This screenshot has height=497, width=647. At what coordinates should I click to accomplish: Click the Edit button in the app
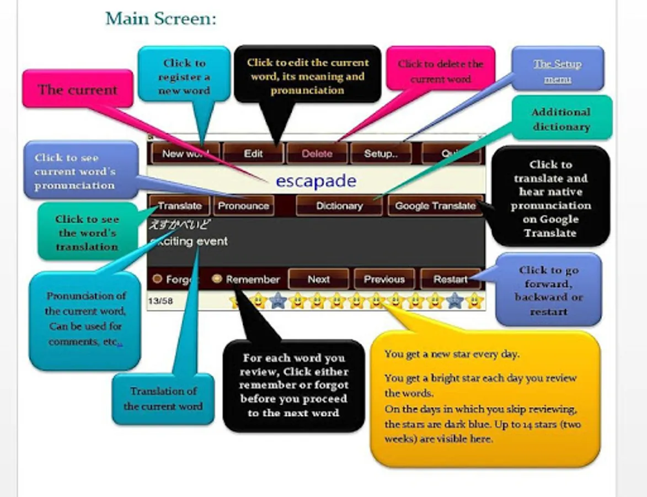click(253, 154)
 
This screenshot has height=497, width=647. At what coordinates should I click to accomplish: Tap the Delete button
click(317, 154)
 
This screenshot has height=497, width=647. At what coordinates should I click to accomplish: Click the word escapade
click(316, 181)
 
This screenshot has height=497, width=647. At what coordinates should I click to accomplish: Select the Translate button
click(179, 206)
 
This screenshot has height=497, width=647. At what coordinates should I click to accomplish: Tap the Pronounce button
click(243, 206)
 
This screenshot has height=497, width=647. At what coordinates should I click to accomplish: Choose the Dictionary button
click(339, 206)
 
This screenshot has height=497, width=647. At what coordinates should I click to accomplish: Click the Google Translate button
click(435, 206)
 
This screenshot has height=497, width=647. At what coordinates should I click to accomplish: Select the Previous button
click(384, 279)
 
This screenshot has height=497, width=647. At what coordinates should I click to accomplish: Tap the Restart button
click(450, 279)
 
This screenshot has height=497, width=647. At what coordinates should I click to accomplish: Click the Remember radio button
click(217, 279)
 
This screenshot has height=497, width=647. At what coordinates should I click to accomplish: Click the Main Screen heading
click(161, 19)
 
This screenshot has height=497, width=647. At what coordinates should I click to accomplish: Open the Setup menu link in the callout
click(557, 71)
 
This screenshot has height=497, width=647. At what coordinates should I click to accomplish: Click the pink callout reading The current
click(77, 89)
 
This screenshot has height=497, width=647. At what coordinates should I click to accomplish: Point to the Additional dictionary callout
click(560, 119)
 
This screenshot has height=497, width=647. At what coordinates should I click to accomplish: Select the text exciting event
click(189, 241)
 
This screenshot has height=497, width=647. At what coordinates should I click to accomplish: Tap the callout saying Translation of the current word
click(163, 399)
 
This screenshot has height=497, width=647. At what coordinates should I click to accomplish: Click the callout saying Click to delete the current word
click(440, 71)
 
